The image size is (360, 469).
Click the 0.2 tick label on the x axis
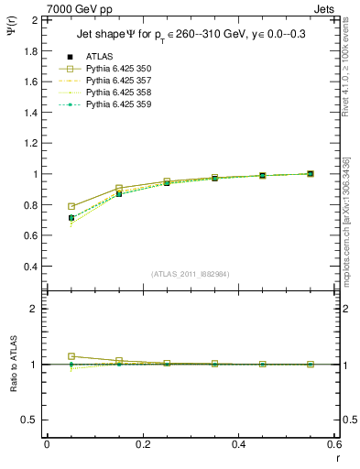[x=142, y=444]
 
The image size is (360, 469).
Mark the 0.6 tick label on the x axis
[x=333, y=444]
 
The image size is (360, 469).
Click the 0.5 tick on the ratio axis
[x=30, y=420]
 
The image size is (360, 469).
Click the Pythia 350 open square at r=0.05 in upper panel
[x=71, y=206]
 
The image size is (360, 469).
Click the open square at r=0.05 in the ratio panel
[x=71, y=356]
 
